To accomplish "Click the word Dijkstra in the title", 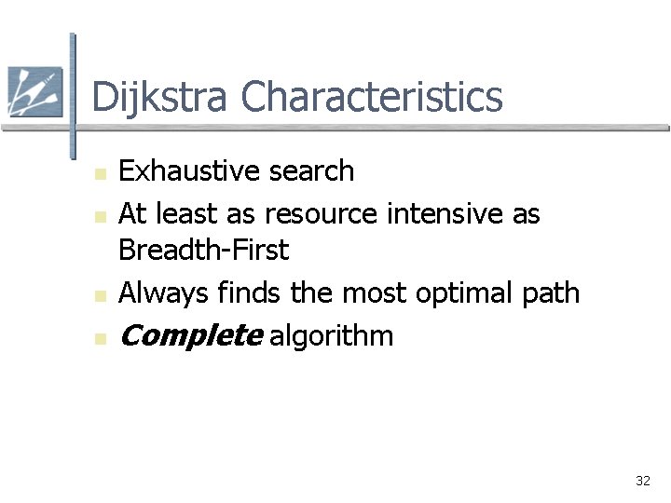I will (159, 98).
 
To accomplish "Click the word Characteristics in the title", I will (371, 98).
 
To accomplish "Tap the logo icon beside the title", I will (34, 91).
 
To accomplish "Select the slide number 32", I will (642, 481).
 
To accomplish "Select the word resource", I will (321, 214).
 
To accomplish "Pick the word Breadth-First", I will (204, 251).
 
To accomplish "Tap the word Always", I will (164, 293).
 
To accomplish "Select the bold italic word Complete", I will (191, 336).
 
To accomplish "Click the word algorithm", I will (331, 336).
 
